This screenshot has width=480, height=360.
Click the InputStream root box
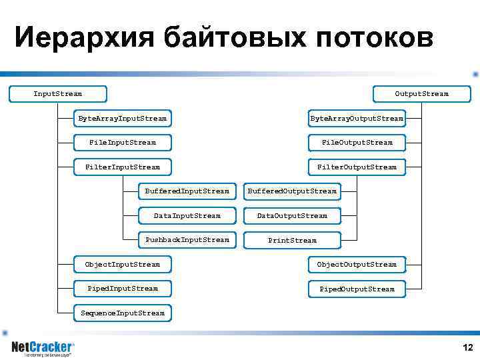tap(58, 94)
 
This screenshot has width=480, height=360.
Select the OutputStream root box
tap(421, 94)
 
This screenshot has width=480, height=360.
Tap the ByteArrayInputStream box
tap(122, 119)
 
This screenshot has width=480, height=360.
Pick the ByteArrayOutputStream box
tap(357, 119)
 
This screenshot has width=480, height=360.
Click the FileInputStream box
tap(122, 143)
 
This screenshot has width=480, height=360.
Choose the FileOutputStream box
tap(357, 143)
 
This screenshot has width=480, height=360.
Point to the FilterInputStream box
tap(122, 167)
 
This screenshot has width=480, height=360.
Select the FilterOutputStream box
tap(357, 167)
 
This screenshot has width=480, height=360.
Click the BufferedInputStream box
tap(187, 191)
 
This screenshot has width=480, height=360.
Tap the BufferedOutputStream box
tap(292, 191)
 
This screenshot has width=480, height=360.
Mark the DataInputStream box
tap(187, 216)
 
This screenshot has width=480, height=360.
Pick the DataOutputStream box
tap(292, 216)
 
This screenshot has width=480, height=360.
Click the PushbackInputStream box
tap(187, 240)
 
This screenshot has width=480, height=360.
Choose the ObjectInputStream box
tap(122, 265)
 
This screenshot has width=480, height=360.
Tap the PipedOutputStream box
tap(357, 289)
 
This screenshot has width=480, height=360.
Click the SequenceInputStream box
tap(122, 313)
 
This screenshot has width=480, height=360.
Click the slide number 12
tap(467, 348)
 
